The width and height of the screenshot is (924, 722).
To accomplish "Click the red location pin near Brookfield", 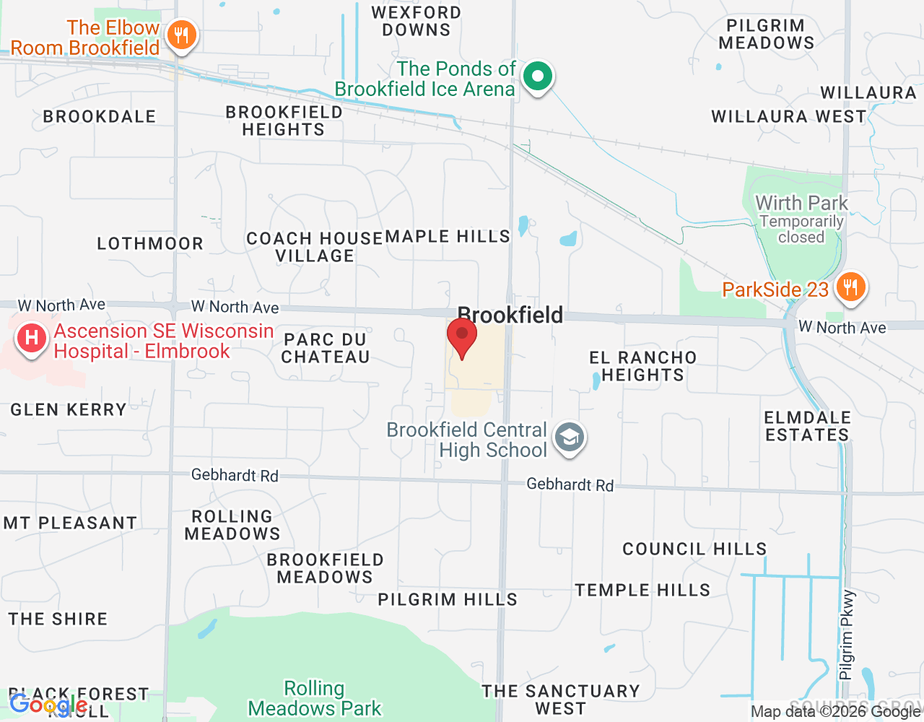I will (x=462, y=336).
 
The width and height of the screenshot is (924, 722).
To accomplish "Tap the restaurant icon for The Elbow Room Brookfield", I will (x=181, y=35).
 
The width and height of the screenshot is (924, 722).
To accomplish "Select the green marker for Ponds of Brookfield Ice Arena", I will (x=537, y=76).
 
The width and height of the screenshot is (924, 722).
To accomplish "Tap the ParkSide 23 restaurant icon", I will (x=851, y=287).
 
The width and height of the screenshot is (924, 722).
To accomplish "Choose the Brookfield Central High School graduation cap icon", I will (x=570, y=438).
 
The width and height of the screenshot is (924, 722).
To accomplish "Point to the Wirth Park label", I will (x=801, y=204).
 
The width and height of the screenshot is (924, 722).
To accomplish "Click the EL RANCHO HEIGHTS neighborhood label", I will (x=642, y=366).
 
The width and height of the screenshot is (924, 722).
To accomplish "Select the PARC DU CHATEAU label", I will (x=326, y=348).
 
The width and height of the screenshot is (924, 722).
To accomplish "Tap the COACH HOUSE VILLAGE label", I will (x=315, y=247).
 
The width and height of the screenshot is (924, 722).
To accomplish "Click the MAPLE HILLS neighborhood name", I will (x=448, y=236).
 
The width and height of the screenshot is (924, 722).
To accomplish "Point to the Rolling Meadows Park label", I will (x=315, y=698).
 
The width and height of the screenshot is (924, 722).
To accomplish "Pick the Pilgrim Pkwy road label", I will (x=847, y=635).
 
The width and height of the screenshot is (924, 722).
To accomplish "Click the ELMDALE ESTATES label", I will (x=807, y=426).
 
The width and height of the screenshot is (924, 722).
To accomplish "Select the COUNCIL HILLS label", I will (x=694, y=549).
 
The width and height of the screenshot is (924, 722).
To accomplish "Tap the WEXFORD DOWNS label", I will (x=416, y=21).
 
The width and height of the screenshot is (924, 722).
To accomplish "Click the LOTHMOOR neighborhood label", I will (x=150, y=243).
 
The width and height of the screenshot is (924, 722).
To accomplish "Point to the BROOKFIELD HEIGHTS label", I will (x=284, y=121).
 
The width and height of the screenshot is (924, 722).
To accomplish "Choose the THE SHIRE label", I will (x=58, y=619).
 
